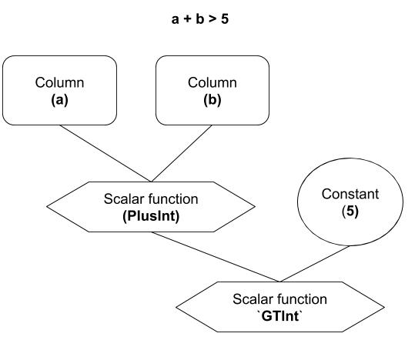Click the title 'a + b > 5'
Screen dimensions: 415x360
point(200,19)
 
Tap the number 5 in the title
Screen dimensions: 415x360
point(225,19)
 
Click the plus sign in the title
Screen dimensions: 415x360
point(187,19)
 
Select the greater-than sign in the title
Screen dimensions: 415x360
point(212,19)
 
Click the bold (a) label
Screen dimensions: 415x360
point(59,100)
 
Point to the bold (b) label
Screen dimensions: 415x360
point(213,100)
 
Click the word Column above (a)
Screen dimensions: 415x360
point(59,82)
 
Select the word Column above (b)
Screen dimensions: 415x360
point(213,82)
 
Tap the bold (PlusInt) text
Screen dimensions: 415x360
point(151,216)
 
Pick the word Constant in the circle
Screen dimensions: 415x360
point(350,194)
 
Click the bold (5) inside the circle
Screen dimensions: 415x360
point(350,212)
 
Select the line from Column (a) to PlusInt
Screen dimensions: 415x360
point(105,153)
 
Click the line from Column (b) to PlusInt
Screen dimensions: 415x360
point(182,153)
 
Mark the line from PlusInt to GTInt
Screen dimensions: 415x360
point(215,257)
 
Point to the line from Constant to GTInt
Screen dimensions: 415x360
point(314,264)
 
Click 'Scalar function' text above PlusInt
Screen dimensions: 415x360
point(151,199)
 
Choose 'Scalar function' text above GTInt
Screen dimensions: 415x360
point(279,299)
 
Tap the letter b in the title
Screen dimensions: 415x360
point(200,19)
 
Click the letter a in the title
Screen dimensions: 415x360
point(175,19)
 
